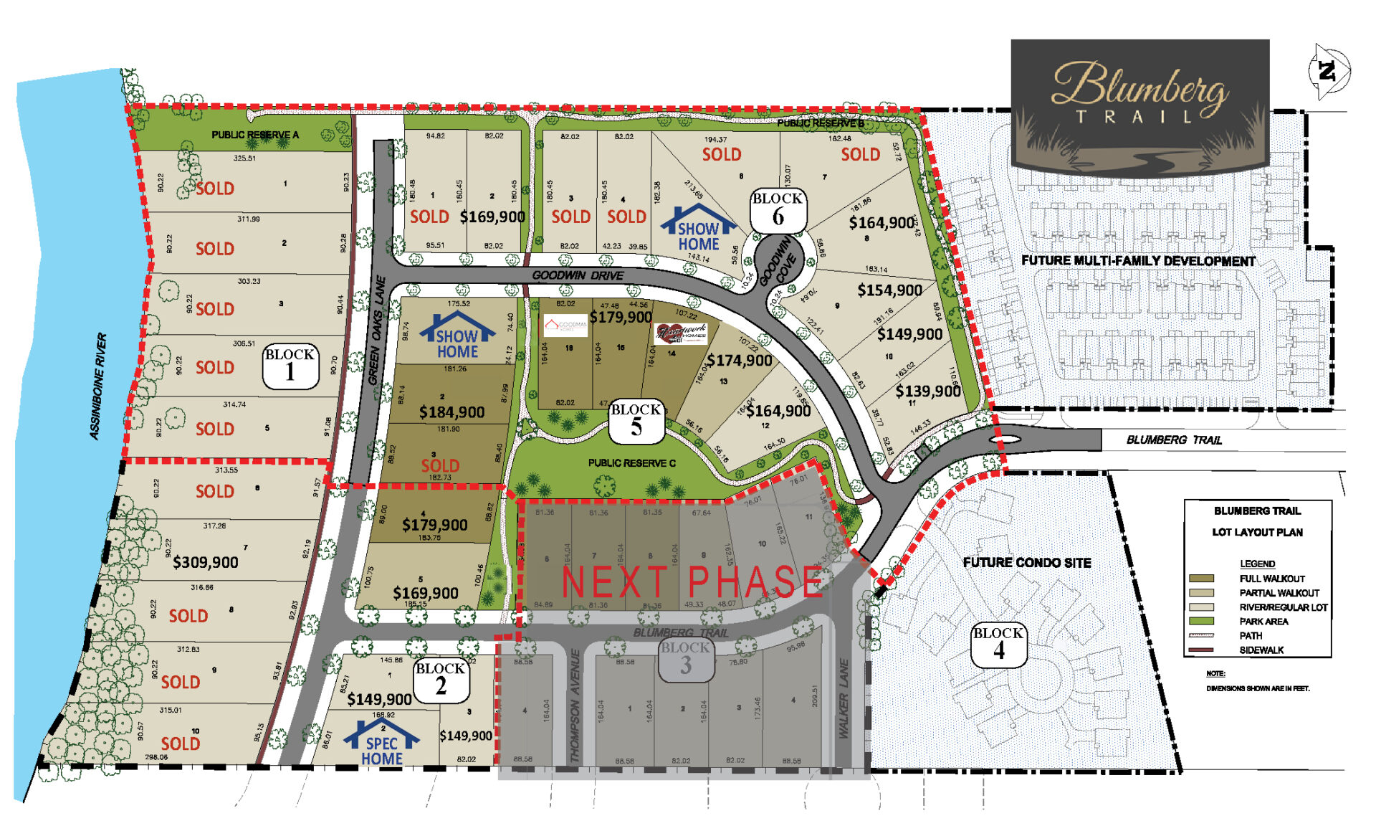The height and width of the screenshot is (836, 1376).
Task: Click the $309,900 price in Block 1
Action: point(206,563)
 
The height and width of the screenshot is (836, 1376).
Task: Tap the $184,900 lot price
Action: point(451,412)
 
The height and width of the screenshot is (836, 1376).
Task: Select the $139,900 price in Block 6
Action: point(928,391)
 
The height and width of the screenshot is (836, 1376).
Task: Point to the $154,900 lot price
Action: point(889,290)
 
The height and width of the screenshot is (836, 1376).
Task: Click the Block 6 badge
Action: point(778,209)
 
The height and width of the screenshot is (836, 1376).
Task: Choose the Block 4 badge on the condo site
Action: point(998,643)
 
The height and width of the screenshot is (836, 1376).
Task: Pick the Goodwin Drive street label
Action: point(578,275)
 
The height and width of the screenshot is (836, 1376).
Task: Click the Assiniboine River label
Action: point(98,386)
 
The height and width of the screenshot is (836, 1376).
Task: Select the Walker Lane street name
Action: point(844,698)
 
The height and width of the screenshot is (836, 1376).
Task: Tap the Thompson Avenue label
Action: point(575,706)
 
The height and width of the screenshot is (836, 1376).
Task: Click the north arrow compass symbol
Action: point(1329,71)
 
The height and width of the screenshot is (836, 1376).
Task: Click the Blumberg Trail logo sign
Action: point(1139,106)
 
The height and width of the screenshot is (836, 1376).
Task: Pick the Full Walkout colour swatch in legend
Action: point(1201,579)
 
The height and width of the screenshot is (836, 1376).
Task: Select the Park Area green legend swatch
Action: point(1201,622)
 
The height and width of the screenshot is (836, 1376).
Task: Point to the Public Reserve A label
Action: point(254,135)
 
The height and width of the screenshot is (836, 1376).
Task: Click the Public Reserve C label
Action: point(631,463)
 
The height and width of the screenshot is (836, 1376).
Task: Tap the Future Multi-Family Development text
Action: point(1138,261)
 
